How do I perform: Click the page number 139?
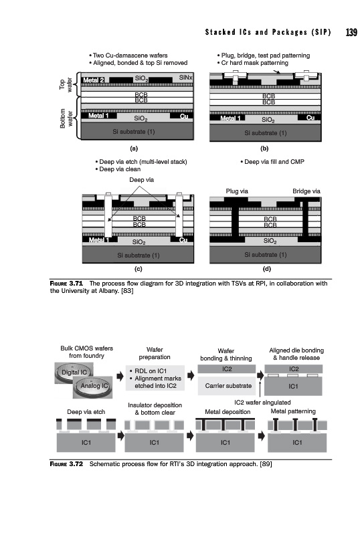[351, 32]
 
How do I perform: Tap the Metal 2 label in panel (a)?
[93, 80]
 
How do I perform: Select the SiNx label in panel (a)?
[185, 78]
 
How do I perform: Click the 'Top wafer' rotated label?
[66, 84]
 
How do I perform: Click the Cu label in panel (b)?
[310, 118]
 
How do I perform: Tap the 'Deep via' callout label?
[141, 179]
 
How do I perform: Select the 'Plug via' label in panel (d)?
[237, 191]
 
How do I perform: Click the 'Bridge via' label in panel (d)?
[306, 191]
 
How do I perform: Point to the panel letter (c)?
[139, 269]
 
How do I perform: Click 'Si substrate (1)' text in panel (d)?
[266, 255]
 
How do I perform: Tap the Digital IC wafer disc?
[74, 372]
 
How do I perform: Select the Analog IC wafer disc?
[93, 387]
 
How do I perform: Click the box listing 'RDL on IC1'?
[155, 378]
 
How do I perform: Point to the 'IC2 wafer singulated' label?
[262, 403]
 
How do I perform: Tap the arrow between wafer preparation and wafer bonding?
[191, 376]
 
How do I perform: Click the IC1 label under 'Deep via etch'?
[86, 442]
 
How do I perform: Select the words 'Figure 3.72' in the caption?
[66, 464]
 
